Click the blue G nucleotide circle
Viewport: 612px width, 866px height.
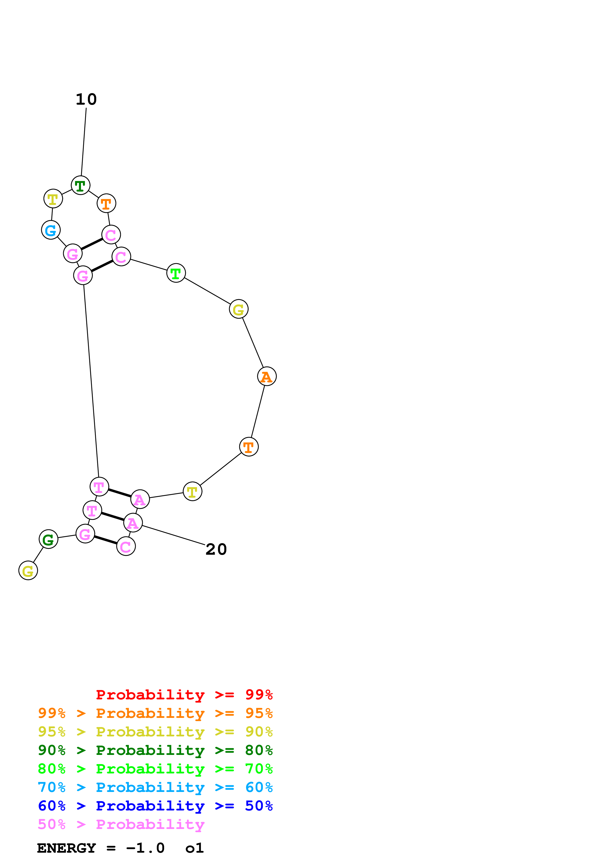point(51,230)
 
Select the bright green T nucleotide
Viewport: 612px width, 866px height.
point(176,273)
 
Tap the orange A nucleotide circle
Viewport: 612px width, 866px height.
point(267,376)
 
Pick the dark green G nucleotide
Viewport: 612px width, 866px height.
point(48,539)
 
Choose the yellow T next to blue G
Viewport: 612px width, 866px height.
point(53,199)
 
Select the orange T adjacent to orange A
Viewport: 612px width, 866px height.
point(249,447)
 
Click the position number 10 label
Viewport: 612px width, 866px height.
point(86,99)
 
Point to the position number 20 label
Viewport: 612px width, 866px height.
point(216,550)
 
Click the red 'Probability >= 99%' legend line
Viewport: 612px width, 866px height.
point(184,695)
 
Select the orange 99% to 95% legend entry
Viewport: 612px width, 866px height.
point(155,713)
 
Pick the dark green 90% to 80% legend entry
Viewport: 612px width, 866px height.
point(155,750)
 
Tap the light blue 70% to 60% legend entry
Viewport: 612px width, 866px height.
point(155,787)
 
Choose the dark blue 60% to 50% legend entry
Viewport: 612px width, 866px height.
point(155,806)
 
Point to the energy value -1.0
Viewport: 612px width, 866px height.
point(145,848)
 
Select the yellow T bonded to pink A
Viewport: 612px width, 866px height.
point(192,492)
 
